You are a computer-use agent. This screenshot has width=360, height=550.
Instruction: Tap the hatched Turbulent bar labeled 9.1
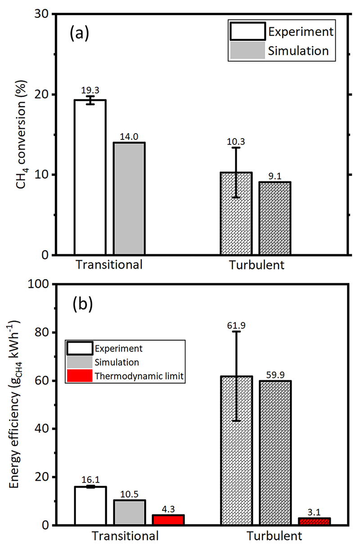point(274,218)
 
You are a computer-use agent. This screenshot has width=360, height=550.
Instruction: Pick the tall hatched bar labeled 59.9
point(275,452)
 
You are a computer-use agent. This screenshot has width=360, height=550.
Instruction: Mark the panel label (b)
point(82,305)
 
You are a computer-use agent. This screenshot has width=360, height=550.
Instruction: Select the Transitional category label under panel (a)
point(109,265)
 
